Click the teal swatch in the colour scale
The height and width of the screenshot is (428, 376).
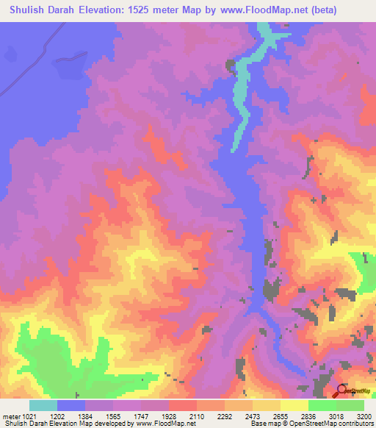pos(43,405)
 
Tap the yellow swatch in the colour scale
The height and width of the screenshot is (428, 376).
pos(294,405)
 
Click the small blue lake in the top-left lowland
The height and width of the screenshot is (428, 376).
pos(10,54)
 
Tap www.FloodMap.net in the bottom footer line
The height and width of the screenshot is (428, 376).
pos(160,424)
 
